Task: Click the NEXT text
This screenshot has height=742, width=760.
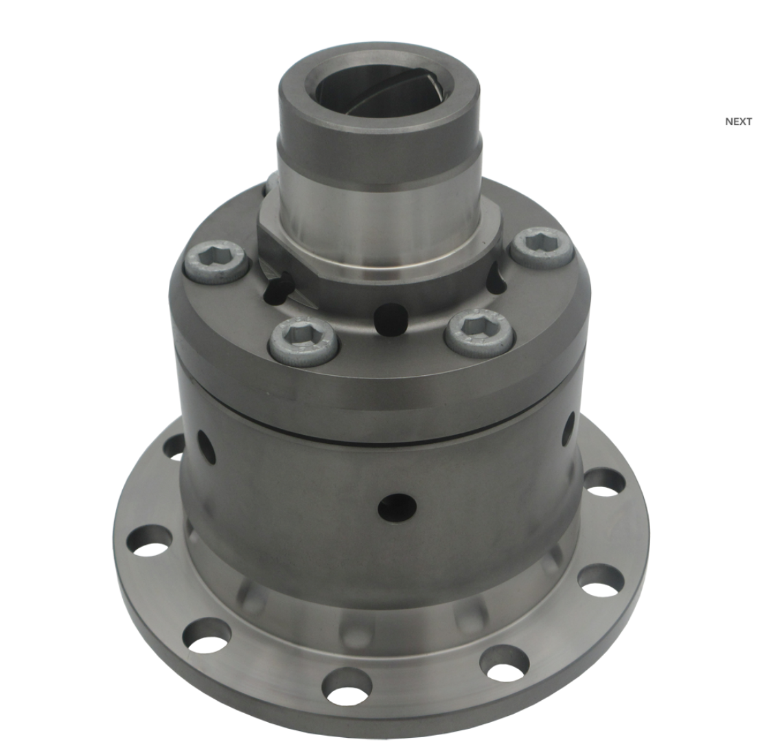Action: click(x=738, y=121)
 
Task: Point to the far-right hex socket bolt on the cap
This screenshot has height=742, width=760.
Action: click(x=542, y=247)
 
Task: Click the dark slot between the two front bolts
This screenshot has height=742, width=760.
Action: click(x=389, y=319)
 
